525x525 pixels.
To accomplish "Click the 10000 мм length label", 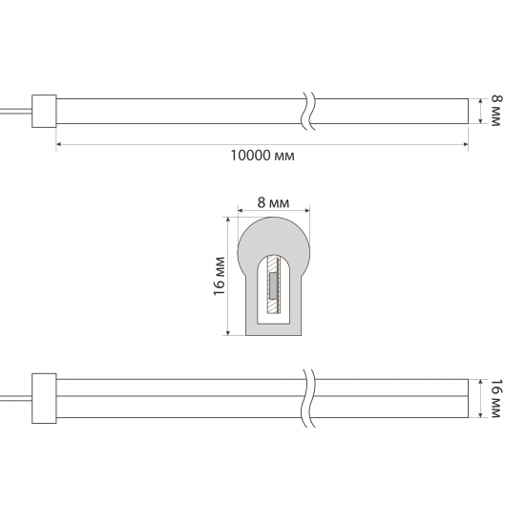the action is (x=262, y=156).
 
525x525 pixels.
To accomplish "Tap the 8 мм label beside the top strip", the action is (x=495, y=111).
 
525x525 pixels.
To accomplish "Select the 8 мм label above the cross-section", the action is (x=273, y=203).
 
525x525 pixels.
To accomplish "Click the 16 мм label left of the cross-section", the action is (x=219, y=276).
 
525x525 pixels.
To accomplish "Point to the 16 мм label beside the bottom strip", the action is (x=495, y=398).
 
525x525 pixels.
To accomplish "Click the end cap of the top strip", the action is (x=44, y=111).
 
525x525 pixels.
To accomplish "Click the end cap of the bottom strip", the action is (x=44, y=398).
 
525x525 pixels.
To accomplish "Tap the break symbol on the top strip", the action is (x=308, y=111).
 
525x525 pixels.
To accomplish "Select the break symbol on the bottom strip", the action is (x=308, y=398).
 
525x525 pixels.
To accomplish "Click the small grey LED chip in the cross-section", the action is (x=274, y=285).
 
